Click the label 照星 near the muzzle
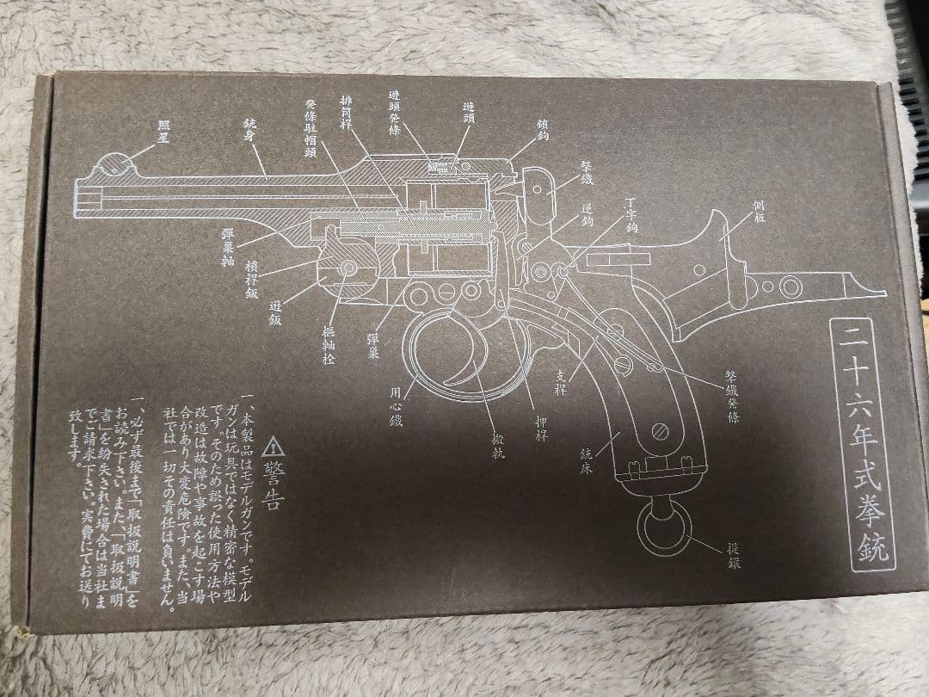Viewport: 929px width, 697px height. point(163,130)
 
